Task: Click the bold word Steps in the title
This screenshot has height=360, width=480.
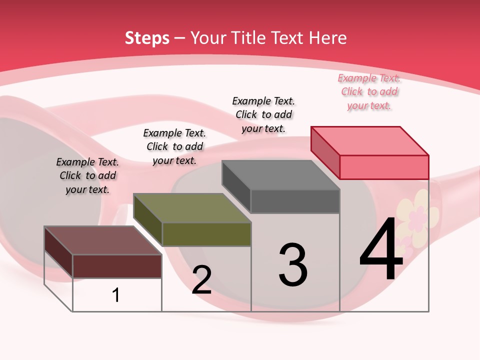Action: point(147,38)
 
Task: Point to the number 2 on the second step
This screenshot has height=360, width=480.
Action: point(201,280)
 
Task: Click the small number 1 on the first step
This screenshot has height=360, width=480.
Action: point(116,295)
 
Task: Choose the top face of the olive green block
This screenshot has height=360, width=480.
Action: point(192,208)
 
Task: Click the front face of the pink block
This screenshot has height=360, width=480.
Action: point(384,167)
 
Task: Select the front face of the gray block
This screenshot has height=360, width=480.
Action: point(295,201)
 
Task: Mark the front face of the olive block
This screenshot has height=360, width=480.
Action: point(206,234)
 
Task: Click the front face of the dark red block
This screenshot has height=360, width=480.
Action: point(117,266)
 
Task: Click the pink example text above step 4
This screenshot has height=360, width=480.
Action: point(369,92)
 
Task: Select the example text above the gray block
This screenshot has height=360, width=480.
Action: point(263,115)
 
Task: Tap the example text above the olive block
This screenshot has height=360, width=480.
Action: point(174,147)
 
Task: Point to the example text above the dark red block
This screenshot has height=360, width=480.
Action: point(87,176)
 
